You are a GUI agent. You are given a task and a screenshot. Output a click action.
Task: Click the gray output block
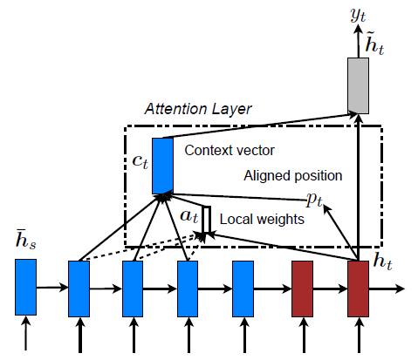(x=358, y=85)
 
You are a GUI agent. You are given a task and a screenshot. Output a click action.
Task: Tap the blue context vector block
(x=162, y=166)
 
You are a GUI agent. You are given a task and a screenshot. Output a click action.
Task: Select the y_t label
(x=358, y=15)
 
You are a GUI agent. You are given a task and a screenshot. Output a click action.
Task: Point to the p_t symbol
(x=315, y=200)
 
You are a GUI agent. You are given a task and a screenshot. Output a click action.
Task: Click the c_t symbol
(x=140, y=161)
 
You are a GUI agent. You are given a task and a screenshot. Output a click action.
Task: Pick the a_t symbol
(x=189, y=216)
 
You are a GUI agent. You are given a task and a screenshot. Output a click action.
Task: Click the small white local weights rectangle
(x=207, y=220)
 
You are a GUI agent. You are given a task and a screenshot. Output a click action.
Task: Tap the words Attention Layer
(x=198, y=109)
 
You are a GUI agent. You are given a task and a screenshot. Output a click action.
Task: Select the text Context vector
(x=230, y=151)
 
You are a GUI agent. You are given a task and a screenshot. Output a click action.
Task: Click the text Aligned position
(x=293, y=176)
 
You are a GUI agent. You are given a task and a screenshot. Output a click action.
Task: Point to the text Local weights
(x=262, y=219)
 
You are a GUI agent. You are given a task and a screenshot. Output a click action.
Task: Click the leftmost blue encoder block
(x=25, y=287)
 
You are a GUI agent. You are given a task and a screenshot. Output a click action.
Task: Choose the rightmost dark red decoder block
(x=358, y=289)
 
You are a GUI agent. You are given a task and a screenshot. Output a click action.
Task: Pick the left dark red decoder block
(x=302, y=289)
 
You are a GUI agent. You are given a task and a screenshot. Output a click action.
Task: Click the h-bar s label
(x=25, y=240)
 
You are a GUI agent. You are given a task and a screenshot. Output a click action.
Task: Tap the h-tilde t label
(x=374, y=44)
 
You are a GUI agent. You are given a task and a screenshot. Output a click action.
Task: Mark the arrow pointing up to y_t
(x=358, y=41)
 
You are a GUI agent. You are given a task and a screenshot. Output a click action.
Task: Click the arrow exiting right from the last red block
(x=387, y=289)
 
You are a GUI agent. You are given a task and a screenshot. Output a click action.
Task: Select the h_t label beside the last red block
(x=382, y=261)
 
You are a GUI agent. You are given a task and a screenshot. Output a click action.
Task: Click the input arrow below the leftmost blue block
(x=25, y=333)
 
